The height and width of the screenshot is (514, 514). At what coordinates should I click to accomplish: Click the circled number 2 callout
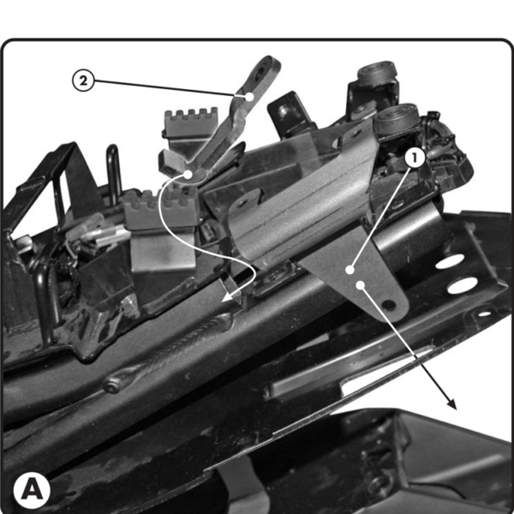[83, 81]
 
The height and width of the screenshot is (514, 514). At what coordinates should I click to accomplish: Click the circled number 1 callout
[415, 158]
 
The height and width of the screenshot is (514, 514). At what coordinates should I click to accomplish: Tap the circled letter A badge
[32, 490]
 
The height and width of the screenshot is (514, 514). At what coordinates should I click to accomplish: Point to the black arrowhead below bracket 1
[451, 403]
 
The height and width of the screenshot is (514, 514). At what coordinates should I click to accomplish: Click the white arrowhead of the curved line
[230, 296]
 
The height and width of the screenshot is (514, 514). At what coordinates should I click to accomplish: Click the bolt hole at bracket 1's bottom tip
[389, 305]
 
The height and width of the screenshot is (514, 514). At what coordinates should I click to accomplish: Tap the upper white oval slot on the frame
[450, 261]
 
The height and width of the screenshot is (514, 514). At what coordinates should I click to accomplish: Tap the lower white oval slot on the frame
[463, 285]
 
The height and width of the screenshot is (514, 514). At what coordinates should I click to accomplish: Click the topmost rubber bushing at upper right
[377, 71]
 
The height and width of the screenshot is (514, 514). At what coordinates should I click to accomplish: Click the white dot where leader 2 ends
[250, 97]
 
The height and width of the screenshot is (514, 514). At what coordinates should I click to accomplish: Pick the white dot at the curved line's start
[188, 175]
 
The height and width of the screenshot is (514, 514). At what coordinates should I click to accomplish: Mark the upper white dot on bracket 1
[350, 270]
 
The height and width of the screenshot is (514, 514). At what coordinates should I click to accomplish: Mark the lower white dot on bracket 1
[361, 284]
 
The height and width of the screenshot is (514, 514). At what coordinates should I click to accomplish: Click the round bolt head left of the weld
[111, 385]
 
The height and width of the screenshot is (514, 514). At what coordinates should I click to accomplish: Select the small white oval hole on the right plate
[485, 314]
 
